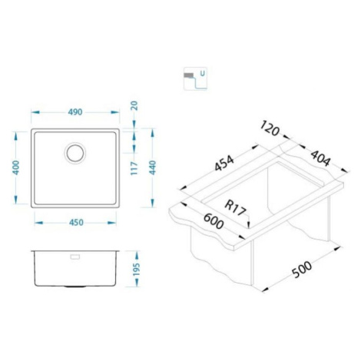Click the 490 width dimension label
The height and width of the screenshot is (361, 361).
[x=75, y=112]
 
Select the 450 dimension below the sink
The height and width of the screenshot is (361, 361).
[x=76, y=223]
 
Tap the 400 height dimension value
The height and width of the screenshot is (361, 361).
[x=16, y=167]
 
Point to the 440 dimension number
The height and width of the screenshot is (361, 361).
[x=152, y=167]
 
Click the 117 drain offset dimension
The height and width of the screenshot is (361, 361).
[x=134, y=168]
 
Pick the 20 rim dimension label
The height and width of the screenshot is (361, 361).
[x=134, y=106]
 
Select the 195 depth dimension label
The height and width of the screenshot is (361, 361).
[x=137, y=270]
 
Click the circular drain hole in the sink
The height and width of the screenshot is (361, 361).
[x=75, y=153]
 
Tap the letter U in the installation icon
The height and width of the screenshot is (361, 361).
[x=202, y=74]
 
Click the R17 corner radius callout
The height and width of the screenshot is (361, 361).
[x=235, y=208]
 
